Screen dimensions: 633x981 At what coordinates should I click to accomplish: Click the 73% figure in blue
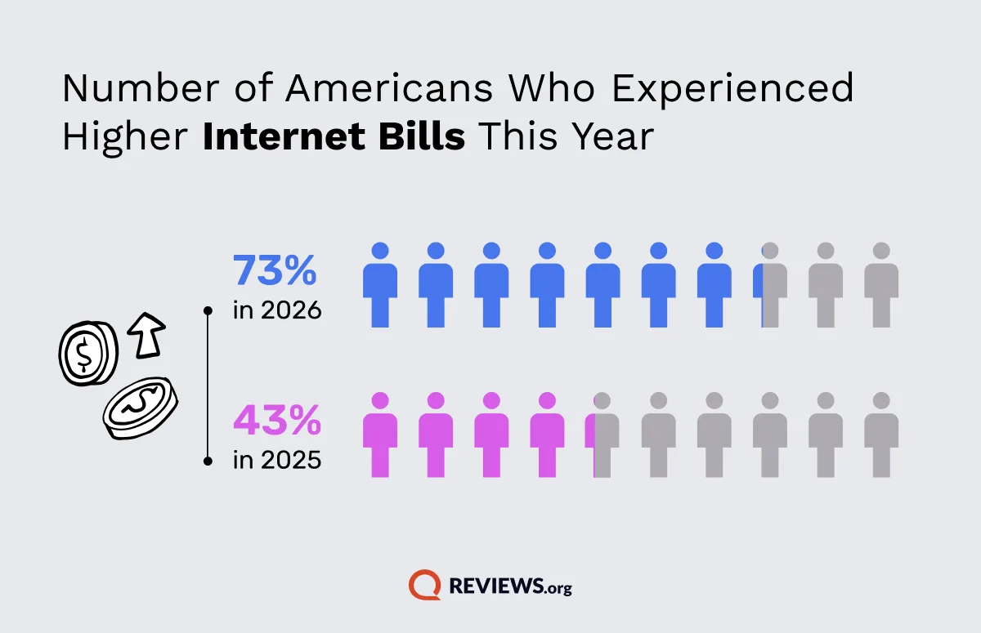pyautogui.click(x=275, y=271)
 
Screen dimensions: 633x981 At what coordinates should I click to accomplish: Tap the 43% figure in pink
pyautogui.click(x=277, y=421)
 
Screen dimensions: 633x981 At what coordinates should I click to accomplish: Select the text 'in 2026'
pyautogui.click(x=276, y=310)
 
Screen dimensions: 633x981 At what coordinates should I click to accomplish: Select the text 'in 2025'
pyautogui.click(x=276, y=460)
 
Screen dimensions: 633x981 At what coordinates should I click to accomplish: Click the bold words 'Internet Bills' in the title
pyautogui.click(x=334, y=137)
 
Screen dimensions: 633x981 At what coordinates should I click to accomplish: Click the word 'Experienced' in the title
pyautogui.click(x=732, y=88)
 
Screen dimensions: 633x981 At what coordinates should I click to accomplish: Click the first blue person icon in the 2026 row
pyautogui.click(x=380, y=285)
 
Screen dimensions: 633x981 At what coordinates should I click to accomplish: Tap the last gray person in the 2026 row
pyautogui.click(x=881, y=285)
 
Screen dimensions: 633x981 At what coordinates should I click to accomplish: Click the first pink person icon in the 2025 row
pyautogui.click(x=380, y=435)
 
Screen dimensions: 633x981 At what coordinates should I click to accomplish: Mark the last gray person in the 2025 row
pyautogui.click(x=881, y=435)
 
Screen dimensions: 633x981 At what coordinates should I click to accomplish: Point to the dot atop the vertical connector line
pyautogui.click(x=208, y=310)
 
